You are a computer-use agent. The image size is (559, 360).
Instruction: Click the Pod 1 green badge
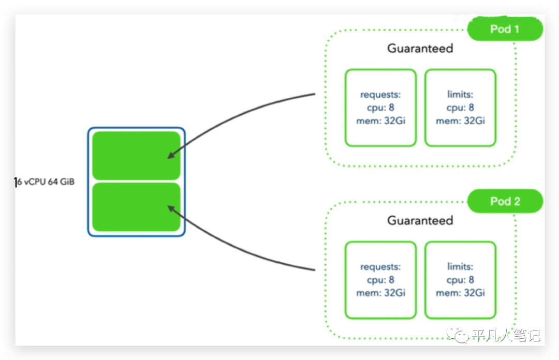[x=505, y=29]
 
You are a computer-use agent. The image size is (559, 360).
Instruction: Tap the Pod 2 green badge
[x=505, y=201]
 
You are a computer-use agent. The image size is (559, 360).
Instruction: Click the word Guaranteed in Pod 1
[x=420, y=48]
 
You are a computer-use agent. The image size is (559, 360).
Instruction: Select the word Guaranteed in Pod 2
[x=420, y=220]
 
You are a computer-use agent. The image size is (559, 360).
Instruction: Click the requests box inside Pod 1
[x=381, y=108]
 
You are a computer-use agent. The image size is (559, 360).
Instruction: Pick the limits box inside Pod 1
[x=460, y=108]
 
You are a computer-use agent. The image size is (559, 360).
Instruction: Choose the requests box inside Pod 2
[x=381, y=280]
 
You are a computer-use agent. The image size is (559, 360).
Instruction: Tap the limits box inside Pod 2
[x=460, y=280]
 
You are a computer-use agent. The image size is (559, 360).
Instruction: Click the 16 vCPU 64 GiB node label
[x=45, y=182]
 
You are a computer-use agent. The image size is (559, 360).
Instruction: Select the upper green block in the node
[x=136, y=156]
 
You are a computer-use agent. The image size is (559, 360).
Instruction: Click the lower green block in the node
[x=136, y=207]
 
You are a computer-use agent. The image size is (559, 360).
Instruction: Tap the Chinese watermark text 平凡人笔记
[x=507, y=335]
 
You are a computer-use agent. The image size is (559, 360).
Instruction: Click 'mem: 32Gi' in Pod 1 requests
[x=381, y=121]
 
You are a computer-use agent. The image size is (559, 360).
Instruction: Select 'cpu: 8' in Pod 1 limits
[x=460, y=108]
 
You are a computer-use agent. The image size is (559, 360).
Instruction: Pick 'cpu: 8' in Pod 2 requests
[x=381, y=280]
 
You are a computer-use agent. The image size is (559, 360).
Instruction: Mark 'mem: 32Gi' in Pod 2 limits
[x=460, y=293]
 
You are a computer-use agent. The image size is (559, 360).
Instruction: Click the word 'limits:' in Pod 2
[x=460, y=266]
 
